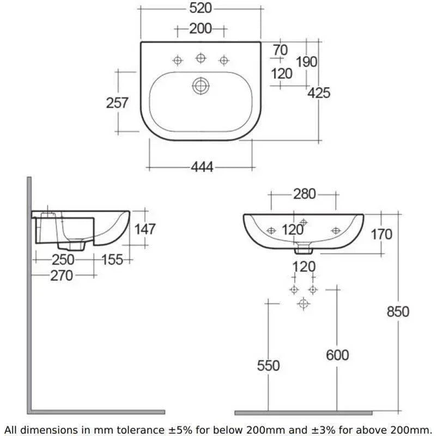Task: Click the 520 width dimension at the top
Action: tap(201, 8)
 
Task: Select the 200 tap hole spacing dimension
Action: tap(201, 29)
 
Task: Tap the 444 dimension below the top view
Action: tap(202, 167)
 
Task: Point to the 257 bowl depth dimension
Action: tap(117, 102)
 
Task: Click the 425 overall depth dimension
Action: tap(319, 93)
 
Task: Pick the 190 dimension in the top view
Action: tap(306, 62)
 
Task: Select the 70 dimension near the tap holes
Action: tap(280, 50)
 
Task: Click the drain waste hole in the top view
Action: tap(201, 86)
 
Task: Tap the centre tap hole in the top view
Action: tap(201, 58)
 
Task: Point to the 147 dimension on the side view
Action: tap(145, 229)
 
